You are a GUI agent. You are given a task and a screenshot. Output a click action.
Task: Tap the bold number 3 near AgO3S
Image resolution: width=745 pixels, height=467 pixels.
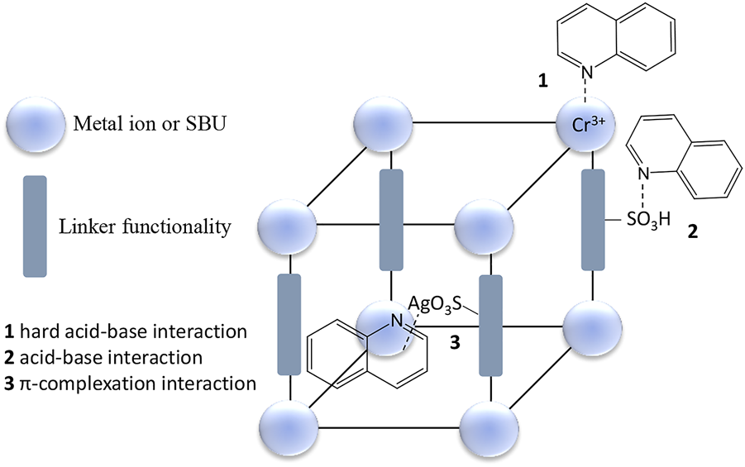pyautogui.click(x=454, y=341)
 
